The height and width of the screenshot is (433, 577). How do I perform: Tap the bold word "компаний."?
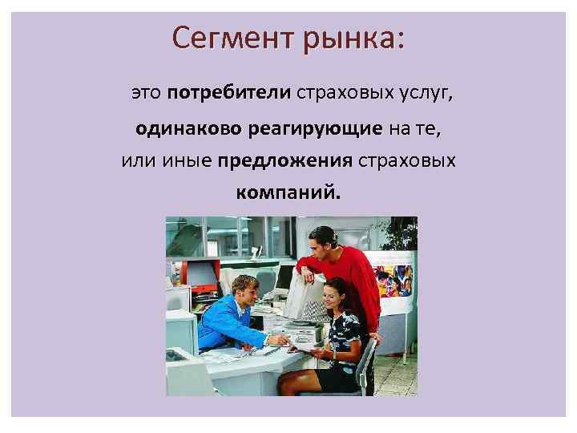[x=288, y=192]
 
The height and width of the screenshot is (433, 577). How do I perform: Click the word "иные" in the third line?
[x=187, y=160]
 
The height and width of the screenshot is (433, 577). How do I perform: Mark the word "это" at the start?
[x=145, y=95]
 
